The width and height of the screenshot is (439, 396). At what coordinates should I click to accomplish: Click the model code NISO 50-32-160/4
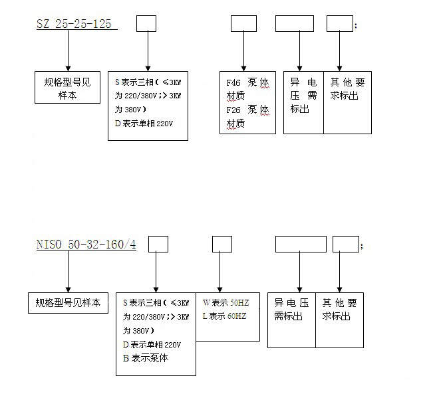click(x=86, y=245)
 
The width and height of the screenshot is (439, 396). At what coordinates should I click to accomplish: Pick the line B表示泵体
click(x=146, y=358)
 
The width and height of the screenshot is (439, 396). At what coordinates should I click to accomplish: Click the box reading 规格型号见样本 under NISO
click(x=68, y=302)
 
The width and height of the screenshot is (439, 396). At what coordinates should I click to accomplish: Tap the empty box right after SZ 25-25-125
click(x=146, y=24)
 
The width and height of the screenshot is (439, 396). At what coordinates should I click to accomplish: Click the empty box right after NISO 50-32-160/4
click(x=156, y=245)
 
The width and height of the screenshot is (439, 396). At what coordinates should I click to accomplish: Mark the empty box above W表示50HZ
click(x=221, y=244)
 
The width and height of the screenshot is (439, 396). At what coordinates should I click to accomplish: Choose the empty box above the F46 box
click(x=243, y=24)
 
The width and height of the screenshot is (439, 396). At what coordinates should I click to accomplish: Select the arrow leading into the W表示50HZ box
click(x=221, y=272)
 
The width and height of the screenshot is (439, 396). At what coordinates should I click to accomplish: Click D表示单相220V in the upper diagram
click(x=143, y=122)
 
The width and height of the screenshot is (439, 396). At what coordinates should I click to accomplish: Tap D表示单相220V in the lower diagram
click(x=151, y=344)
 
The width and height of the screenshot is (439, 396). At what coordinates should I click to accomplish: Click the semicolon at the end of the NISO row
click(x=361, y=245)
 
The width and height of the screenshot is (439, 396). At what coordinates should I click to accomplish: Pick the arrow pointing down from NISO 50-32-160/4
click(x=68, y=272)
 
